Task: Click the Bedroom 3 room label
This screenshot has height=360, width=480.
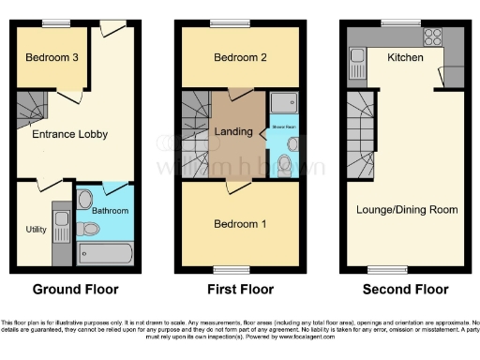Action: click(x=52, y=58)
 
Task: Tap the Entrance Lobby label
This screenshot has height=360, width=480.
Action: click(x=70, y=134)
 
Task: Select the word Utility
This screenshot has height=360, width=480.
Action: click(x=35, y=229)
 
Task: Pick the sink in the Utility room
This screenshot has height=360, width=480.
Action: click(x=62, y=222)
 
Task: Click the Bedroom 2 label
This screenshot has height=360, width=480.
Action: click(x=241, y=58)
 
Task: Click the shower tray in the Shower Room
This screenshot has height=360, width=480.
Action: click(x=283, y=103)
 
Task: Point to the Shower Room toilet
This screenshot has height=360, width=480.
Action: click(x=292, y=145)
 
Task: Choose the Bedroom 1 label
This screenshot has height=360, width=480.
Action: click(x=240, y=224)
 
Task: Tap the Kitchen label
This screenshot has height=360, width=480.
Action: click(x=406, y=58)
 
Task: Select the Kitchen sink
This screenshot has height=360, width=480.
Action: click(x=358, y=64)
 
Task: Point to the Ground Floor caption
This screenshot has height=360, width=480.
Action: click(x=75, y=289)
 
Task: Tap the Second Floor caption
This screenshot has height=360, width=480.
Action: click(x=407, y=289)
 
